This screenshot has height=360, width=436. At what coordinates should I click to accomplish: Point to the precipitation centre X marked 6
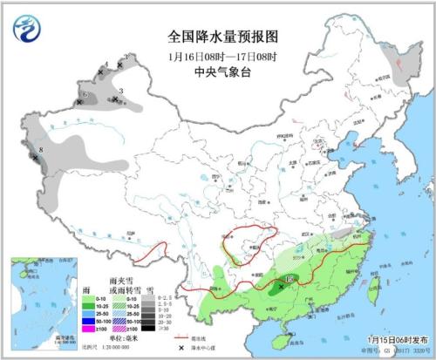80,102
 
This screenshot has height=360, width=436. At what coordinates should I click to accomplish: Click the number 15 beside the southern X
290,279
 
